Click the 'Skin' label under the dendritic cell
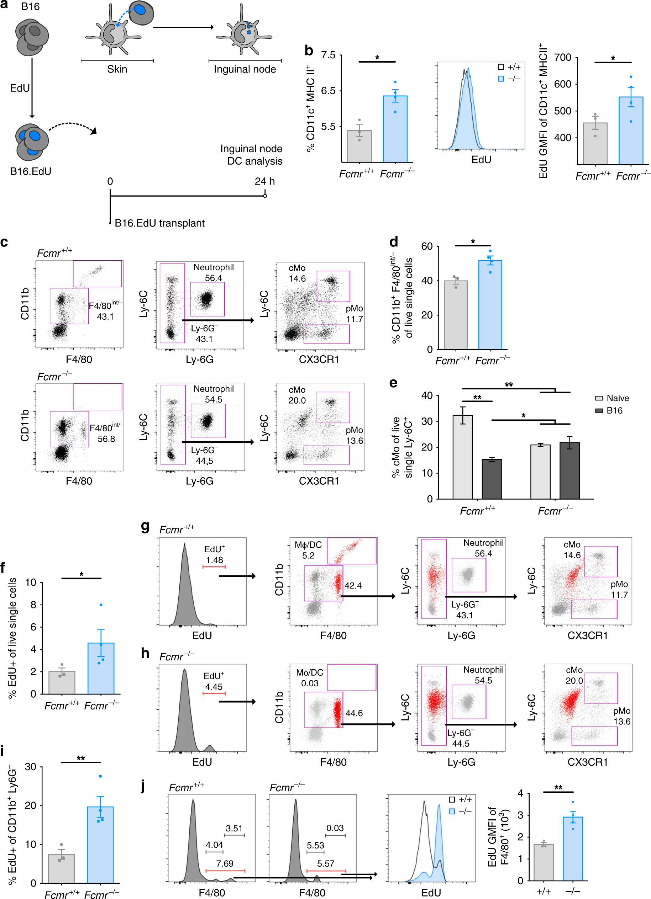coord(117,69)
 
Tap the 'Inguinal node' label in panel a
coord(245,69)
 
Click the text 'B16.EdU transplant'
coord(159,223)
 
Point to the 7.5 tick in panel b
coord(328,55)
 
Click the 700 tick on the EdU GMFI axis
coord(562,58)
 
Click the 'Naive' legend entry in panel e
coord(617,398)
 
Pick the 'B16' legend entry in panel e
coord(614,410)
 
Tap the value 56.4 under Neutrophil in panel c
coord(214,278)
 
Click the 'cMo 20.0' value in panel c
coord(297,400)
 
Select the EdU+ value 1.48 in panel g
coord(214,560)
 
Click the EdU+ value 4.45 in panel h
coord(214,687)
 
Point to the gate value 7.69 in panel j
coord(225,863)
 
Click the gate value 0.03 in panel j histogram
coord(335,828)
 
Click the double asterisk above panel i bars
coord(80,757)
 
